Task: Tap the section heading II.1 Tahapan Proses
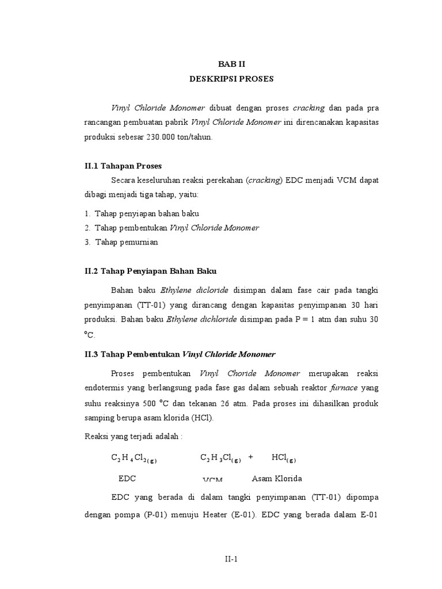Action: tap(123, 166)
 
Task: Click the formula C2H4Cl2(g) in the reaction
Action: tap(134, 459)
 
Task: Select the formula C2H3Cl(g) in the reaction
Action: tap(220, 459)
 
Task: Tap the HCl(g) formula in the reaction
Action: tap(283, 459)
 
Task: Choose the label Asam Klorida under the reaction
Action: tap(277, 479)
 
